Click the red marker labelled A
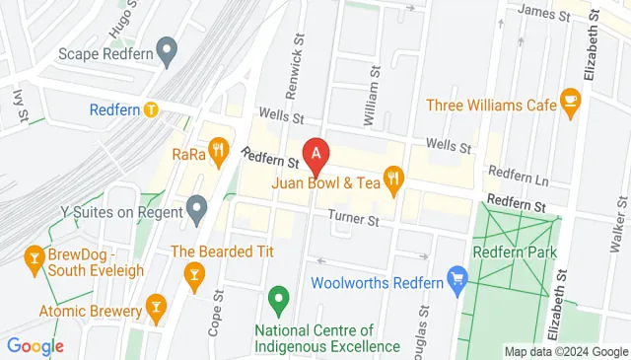[x=315, y=154]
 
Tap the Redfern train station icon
[x=151, y=109]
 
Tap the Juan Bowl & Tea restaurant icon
[x=394, y=179]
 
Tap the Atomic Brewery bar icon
[x=155, y=309]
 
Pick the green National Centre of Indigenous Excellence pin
[x=278, y=297]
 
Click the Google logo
[x=35, y=346]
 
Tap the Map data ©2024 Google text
[x=565, y=351]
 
